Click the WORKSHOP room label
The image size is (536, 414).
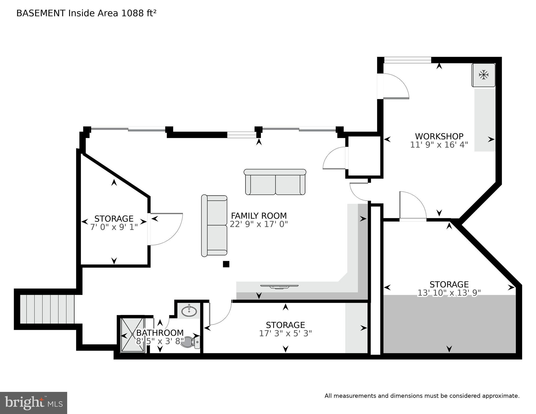click(x=439, y=136)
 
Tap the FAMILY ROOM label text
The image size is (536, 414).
click(x=259, y=216)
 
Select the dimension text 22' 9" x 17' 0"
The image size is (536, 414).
click(x=259, y=224)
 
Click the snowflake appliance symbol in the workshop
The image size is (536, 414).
click(x=483, y=75)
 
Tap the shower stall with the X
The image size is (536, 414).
click(x=132, y=334)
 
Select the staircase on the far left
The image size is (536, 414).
click(x=47, y=309)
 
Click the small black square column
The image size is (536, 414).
click(x=226, y=264)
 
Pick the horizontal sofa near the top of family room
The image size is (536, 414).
click(x=275, y=182)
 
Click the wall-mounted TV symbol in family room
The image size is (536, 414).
click(x=279, y=286)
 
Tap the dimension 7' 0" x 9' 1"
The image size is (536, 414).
click(x=114, y=227)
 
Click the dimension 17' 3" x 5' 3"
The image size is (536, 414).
click(x=285, y=334)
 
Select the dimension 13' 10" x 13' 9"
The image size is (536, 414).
click(x=449, y=293)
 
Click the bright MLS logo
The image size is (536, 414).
click(x=33, y=403)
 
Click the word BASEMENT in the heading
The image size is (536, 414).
click(x=41, y=13)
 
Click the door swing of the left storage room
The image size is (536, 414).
click(x=167, y=229)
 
